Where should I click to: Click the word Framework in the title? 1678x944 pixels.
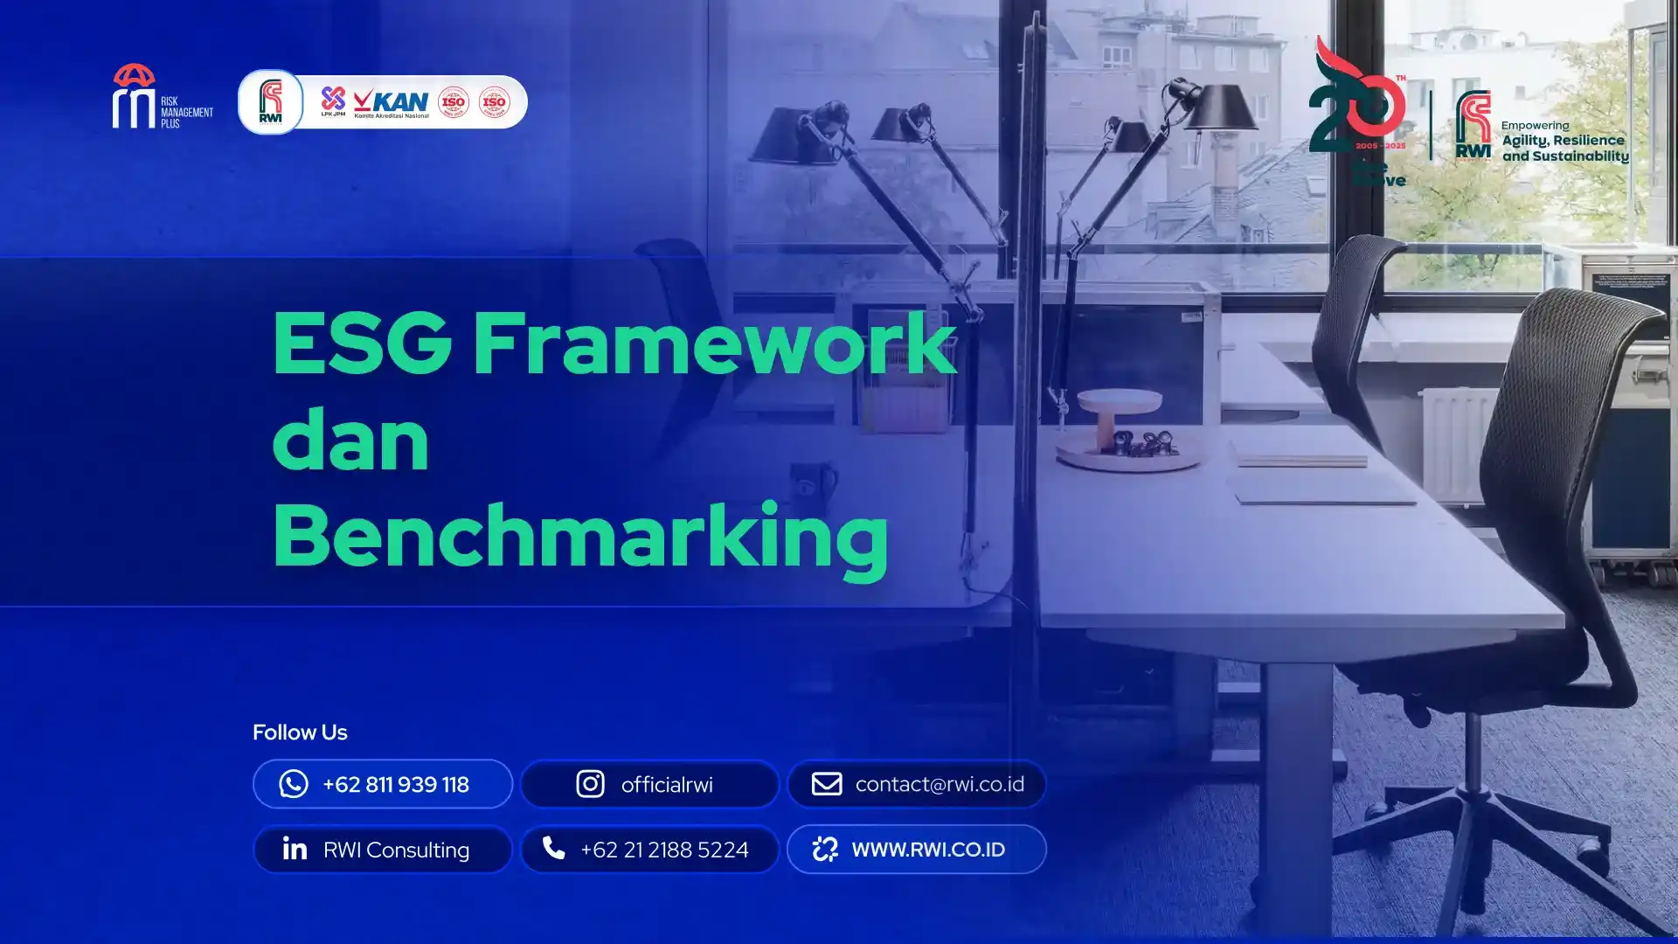(x=714, y=343)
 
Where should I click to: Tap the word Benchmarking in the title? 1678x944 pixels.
(x=580, y=536)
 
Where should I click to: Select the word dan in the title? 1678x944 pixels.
(x=350, y=440)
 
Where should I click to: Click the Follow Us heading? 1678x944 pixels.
(x=300, y=732)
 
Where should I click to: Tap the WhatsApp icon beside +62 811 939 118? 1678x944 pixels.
(x=294, y=784)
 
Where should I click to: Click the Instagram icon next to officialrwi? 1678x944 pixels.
(x=590, y=784)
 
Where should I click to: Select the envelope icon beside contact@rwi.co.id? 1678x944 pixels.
(x=827, y=784)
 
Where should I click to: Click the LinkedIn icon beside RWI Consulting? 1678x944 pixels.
(x=295, y=849)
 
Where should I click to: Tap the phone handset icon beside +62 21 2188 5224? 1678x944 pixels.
(x=554, y=848)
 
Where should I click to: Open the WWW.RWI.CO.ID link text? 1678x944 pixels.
(x=928, y=850)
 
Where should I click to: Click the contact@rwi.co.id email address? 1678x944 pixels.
(x=940, y=784)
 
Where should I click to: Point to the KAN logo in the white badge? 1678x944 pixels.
(x=392, y=102)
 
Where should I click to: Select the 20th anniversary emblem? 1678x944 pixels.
(x=1357, y=105)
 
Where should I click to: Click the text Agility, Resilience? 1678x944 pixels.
(x=1563, y=140)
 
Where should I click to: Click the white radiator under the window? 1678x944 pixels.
(x=1455, y=441)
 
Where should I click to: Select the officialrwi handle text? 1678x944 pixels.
(x=667, y=785)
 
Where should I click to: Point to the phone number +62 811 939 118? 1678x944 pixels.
(x=396, y=785)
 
